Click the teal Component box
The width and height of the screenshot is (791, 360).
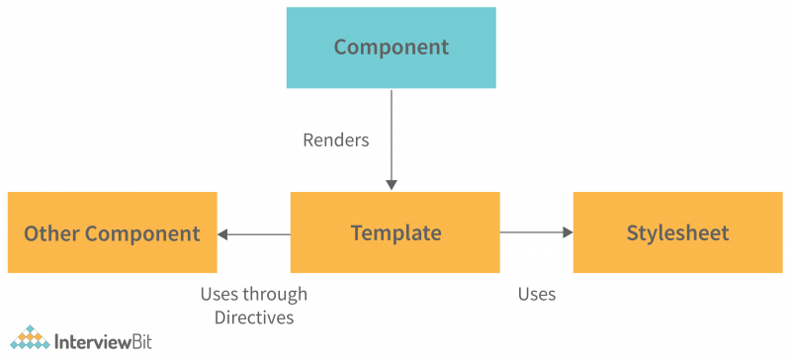(391, 47)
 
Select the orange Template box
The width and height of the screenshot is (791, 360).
(395, 232)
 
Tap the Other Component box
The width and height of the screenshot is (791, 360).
(112, 232)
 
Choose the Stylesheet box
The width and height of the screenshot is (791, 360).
(677, 232)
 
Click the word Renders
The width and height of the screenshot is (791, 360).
(335, 139)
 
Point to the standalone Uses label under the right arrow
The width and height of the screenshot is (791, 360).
(536, 294)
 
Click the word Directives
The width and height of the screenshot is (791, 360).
(253, 316)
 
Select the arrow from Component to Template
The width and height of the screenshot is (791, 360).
(392, 138)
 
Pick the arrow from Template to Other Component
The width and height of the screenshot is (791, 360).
(254, 234)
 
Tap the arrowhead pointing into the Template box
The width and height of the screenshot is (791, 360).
(392, 185)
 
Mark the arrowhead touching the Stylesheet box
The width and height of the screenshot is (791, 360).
(568, 233)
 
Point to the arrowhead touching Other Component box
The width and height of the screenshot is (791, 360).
(223, 234)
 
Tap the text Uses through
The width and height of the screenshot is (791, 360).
(253, 294)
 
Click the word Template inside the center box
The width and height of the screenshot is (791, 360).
(395, 233)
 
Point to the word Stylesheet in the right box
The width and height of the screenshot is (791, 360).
(677, 233)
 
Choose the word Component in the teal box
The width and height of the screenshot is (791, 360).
(391, 46)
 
